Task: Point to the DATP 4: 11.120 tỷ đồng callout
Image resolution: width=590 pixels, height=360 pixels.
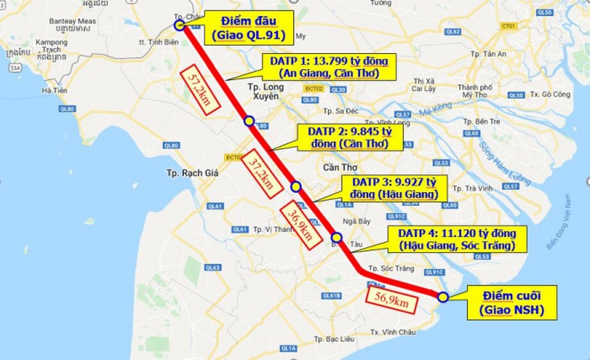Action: click(x=455, y=238)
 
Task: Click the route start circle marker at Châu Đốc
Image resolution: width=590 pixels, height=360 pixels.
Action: click(x=180, y=24)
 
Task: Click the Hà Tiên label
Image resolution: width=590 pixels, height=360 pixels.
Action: click(x=55, y=90)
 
